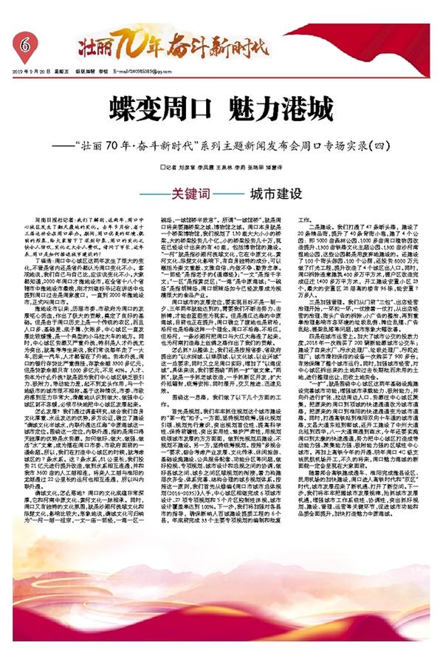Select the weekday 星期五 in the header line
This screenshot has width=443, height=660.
61,72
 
